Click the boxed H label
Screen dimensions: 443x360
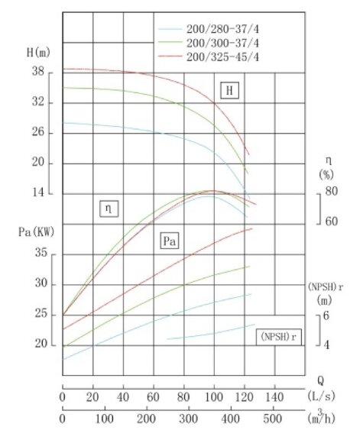click(x=229, y=91)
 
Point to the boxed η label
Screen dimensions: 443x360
click(x=110, y=208)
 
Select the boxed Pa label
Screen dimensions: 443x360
click(x=170, y=241)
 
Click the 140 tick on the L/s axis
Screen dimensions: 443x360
click(x=274, y=397)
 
